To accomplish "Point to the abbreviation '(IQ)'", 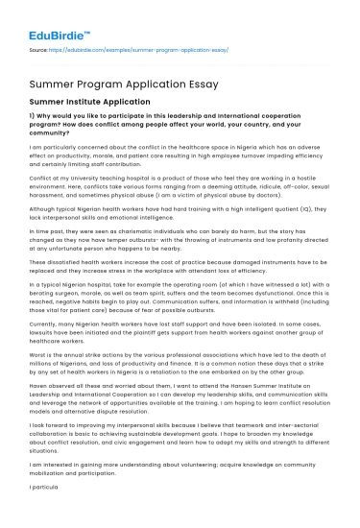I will coord(286,206).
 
